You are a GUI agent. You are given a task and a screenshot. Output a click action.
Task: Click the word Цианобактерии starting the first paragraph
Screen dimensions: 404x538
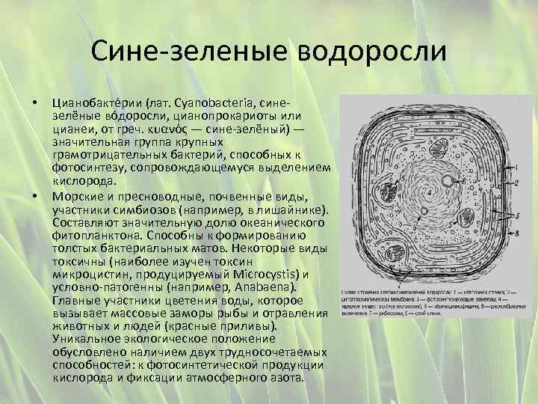[96, 100]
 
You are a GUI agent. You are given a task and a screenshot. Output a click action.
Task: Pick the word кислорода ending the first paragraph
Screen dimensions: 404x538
[83, 181]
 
